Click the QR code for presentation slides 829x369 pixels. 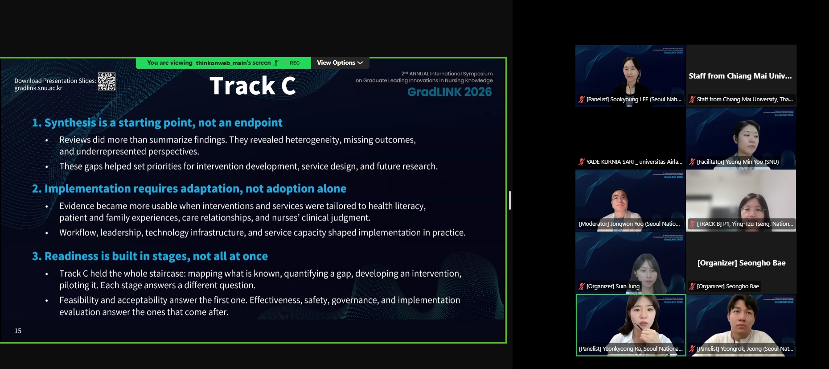[x=107, y=81]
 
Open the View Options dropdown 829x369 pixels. [x=340, y=63]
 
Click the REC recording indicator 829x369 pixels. [x=294, y=63]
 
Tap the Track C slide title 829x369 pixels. [x=253, y=86]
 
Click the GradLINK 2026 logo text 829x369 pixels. [x=450, y=92]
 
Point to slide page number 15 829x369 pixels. [x=18, y=331]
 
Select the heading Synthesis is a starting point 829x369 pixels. [x=157, y=123]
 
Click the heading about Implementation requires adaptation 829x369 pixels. [x=189, y=189]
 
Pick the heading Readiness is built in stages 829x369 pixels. [x=150, y=256]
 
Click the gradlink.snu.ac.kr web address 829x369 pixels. [x=38, y=88]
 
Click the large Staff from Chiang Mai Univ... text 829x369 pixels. [x=740, y=76]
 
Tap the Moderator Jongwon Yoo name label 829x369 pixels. [x=629, y=224]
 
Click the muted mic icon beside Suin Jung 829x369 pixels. [x=582, y=286]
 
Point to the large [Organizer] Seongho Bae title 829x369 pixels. [x=741, y=263]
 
